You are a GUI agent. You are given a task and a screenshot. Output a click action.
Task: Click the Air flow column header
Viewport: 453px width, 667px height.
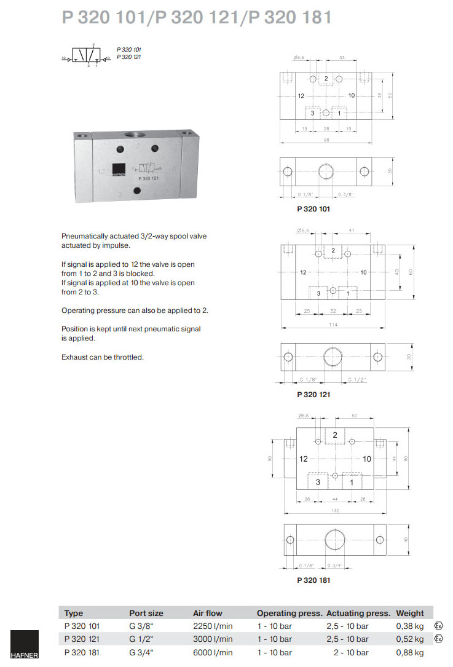[208, 613]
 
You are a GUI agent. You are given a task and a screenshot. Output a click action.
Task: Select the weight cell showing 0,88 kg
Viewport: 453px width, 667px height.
[410, 652]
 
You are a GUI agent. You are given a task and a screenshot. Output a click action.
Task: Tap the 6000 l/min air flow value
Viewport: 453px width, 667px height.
[213, 652]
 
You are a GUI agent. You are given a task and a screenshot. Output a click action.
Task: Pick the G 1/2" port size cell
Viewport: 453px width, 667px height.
[142, 639]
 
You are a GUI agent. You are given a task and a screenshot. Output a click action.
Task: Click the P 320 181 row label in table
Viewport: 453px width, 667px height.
[82, 652]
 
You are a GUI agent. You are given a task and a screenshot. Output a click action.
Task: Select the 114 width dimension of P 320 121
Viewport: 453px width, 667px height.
[333, 324]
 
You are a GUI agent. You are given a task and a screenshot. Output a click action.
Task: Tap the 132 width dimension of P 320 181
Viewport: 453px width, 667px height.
[334, 511]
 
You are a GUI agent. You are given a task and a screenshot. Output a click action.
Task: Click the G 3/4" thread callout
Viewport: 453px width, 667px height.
[336, 565]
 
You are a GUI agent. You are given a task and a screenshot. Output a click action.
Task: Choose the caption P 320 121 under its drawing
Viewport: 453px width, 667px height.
[313, 395]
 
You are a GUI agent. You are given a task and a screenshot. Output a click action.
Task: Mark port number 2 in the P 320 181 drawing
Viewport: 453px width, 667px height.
[334, 435]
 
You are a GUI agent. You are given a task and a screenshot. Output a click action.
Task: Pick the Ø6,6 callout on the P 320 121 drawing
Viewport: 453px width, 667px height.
[302, 231]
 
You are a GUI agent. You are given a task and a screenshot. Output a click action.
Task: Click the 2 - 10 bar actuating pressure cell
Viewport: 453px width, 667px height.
[351, 652]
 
